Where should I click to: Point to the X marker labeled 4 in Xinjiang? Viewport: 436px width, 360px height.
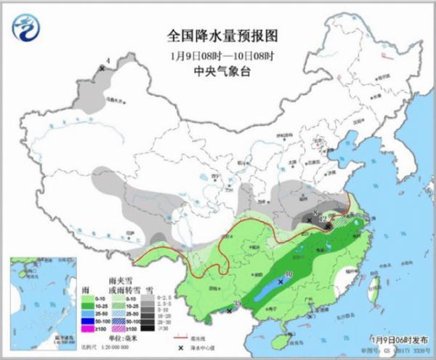coord(102,68)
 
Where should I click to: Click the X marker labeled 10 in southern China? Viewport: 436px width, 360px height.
coord(280,281)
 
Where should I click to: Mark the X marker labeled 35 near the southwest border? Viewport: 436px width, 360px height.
coord(230,311)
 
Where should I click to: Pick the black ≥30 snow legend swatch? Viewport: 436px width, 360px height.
coord(148,329)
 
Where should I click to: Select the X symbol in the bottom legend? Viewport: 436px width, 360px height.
coord(179,348)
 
